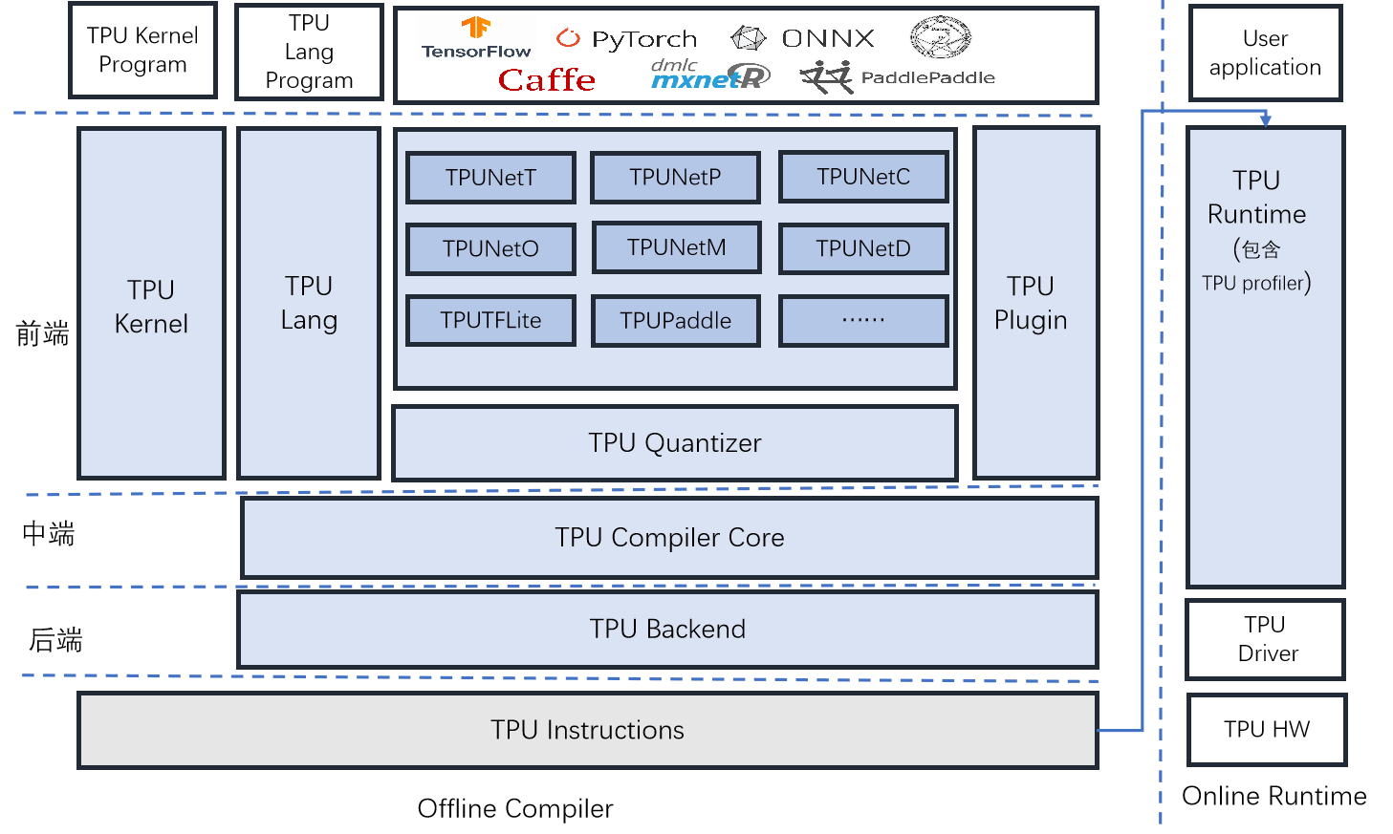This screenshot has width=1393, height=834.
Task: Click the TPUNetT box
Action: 490,178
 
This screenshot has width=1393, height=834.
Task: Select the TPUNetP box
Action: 675,178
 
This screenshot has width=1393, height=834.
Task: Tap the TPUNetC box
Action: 863,177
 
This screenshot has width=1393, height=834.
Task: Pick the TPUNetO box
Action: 490,248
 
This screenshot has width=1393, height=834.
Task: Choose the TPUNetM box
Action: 677,247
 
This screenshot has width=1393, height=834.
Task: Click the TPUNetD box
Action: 863,248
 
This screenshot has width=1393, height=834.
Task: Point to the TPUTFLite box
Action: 490,321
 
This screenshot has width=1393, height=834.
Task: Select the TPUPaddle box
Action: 675,321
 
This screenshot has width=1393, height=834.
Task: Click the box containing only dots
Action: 863,321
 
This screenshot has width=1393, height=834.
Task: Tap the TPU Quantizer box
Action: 675,443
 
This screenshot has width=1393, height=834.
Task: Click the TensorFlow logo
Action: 476,38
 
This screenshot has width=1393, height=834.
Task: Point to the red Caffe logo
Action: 547,79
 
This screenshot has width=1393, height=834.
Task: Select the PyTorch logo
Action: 626,38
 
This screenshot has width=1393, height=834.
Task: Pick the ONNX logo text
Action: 828,38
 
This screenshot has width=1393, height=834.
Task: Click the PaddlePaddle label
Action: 927,77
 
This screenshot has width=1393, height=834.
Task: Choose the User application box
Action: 1266,53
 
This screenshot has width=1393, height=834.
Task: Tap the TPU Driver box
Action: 1266,639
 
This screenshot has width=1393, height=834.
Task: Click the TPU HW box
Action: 1267,730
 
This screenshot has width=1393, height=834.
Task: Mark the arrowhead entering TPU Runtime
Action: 1266,120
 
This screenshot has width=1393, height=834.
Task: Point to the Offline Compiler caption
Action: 515,808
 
